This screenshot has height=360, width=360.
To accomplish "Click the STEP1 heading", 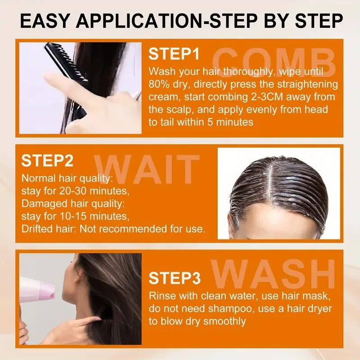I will (174, 55).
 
